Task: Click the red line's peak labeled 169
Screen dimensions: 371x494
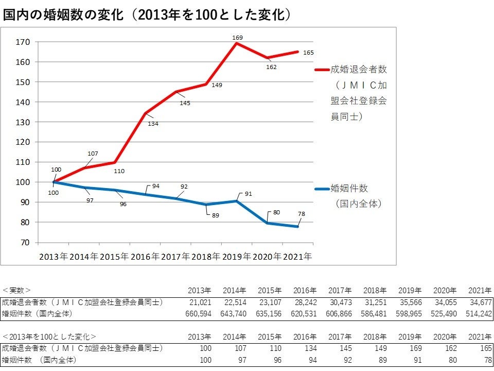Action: (237, 43)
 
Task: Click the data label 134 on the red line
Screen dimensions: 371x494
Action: (153, 124)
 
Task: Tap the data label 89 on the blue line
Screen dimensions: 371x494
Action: (215, 215)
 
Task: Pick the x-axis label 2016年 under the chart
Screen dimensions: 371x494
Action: (145, 256)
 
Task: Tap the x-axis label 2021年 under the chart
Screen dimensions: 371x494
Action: (297, 256)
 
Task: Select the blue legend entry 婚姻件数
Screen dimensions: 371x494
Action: (349, 189)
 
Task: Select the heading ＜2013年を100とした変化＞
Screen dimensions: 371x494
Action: (49, 336)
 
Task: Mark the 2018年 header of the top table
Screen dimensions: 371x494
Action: (374, 290)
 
